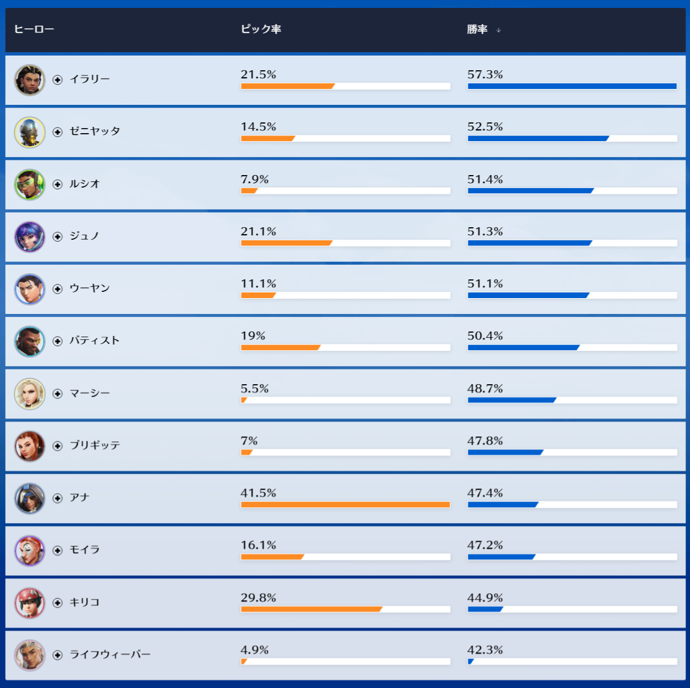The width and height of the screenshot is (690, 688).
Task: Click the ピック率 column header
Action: [261, 29]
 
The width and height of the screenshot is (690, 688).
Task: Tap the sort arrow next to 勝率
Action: [498, 30]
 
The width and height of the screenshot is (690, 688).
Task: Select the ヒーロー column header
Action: [33, 29]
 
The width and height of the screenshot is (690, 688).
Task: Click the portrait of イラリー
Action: [29, 80]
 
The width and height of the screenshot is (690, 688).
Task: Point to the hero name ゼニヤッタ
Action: [95, 131]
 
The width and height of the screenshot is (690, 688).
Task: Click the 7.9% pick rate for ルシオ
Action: [255, 179]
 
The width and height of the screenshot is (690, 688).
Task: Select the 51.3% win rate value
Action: [485, 231]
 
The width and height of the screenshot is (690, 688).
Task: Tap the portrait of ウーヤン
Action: [29, 289]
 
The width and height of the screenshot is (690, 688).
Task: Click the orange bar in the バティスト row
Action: [281, 347]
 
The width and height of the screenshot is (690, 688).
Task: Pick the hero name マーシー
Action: [90, 393]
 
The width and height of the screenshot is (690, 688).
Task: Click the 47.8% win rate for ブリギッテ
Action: [485, 440]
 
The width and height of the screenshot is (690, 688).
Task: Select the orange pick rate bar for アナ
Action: [345, 504]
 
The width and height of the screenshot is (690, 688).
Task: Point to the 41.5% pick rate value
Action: [258, 493]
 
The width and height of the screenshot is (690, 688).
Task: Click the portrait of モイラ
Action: [29, 550]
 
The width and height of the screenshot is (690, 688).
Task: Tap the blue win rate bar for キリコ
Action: [485, 609]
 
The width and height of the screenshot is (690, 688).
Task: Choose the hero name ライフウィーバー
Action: [110, 655]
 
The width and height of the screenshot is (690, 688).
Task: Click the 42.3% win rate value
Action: [485, 649]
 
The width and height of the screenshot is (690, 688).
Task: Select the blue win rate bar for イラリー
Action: [572, 86]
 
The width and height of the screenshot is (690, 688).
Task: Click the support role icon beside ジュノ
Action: [57, 236]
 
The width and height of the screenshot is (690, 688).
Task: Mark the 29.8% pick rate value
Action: [258, 597]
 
